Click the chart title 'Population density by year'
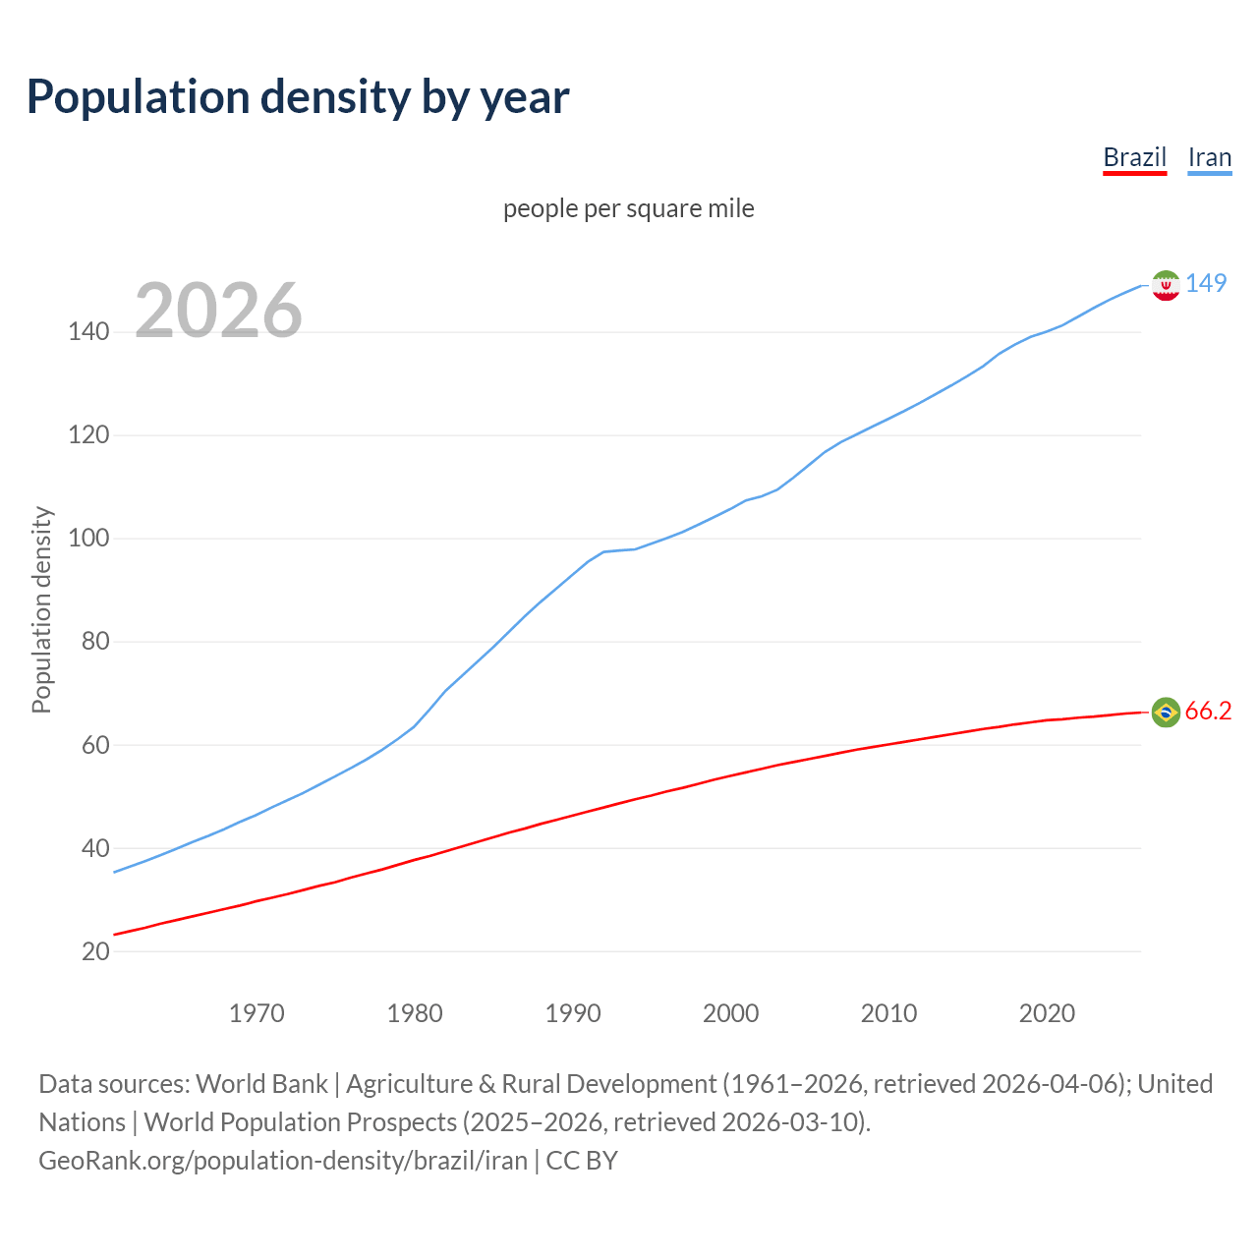[298, 97]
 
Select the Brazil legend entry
[1134, 158]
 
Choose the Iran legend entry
[1209, 158]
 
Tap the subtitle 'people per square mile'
[629, 209]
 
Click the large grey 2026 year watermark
[218, 311]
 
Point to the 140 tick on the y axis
[88, 332]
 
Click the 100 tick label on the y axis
[88, 539]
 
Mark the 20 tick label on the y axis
[94, 951]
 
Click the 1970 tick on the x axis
[257, 1013]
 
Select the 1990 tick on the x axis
[573, 1013]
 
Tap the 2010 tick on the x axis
[888, 1013]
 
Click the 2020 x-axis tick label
[1047, 1013]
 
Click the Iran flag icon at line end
[1166, 285]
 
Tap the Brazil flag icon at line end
[1166, 712]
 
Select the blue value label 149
[1206, 283]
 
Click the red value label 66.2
[1208, 712]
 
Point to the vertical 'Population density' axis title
[41, 609]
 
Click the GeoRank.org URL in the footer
[283, 1161]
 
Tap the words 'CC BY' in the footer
[582, 1161]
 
